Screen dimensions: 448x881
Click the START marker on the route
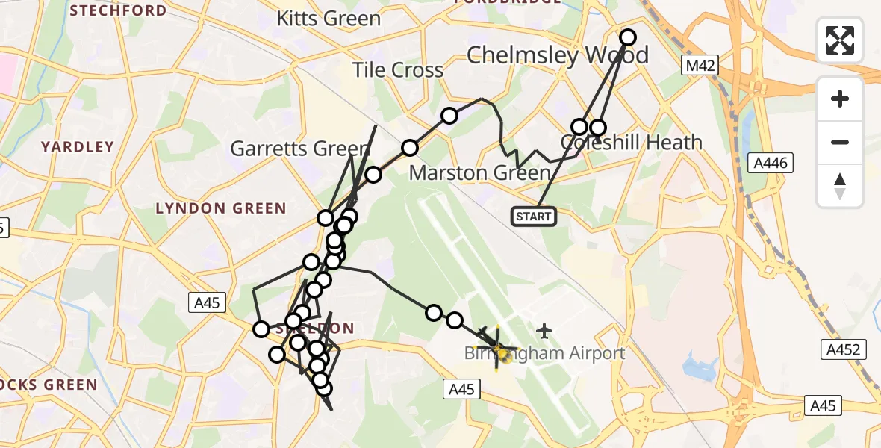(534, 217)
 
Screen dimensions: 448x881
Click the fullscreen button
(840, 40)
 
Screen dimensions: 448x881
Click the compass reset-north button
(840, 185)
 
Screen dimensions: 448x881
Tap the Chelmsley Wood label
(557, 55)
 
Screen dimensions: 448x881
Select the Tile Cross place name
(398, 70)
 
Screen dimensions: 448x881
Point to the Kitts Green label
(329, 19)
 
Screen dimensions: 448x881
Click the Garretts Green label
(299, 149)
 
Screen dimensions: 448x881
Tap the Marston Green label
(480, 173)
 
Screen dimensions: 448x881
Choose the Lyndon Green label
(220, 208)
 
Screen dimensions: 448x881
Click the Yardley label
(78, 147)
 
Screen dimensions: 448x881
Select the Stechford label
(118, 10)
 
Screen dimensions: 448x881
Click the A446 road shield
(771, 163)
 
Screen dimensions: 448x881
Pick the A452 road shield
(844, 349)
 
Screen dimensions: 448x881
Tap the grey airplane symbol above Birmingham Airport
(544, 330)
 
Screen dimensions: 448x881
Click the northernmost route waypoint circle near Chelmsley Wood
(628, 37)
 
